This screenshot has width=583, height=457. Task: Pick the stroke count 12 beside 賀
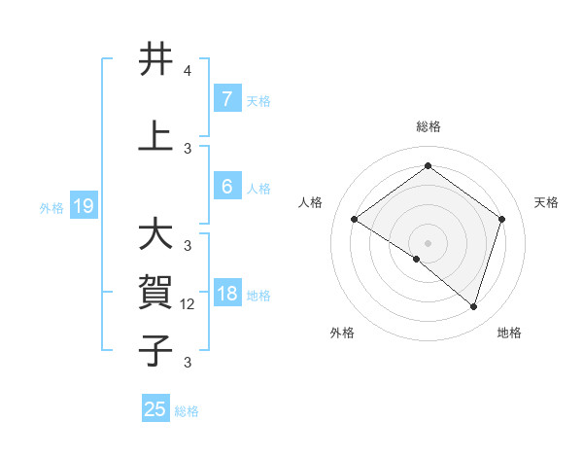coord(188,304)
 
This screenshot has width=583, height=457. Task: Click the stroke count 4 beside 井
coord(187,72)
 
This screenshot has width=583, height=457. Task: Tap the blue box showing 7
coord(226,98)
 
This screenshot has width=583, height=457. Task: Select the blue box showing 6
coord(226,187)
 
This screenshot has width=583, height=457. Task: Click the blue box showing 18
coord(226,294)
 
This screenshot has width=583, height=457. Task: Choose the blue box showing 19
coord(83,205)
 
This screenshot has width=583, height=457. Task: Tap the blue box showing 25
coord(155,409)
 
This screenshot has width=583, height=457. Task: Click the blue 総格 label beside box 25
coord(187,411)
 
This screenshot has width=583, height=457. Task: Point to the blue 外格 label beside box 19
coord(51,207)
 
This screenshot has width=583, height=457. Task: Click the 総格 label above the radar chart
coord(428,127)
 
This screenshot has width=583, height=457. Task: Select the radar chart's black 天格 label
coord(546,202)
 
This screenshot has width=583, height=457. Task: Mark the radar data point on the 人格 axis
coord(354,220)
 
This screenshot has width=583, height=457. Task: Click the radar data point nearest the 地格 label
coord(473,306)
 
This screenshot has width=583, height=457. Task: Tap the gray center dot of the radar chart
coord(428,242)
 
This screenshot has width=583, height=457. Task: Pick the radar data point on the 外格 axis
coord(417,259)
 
